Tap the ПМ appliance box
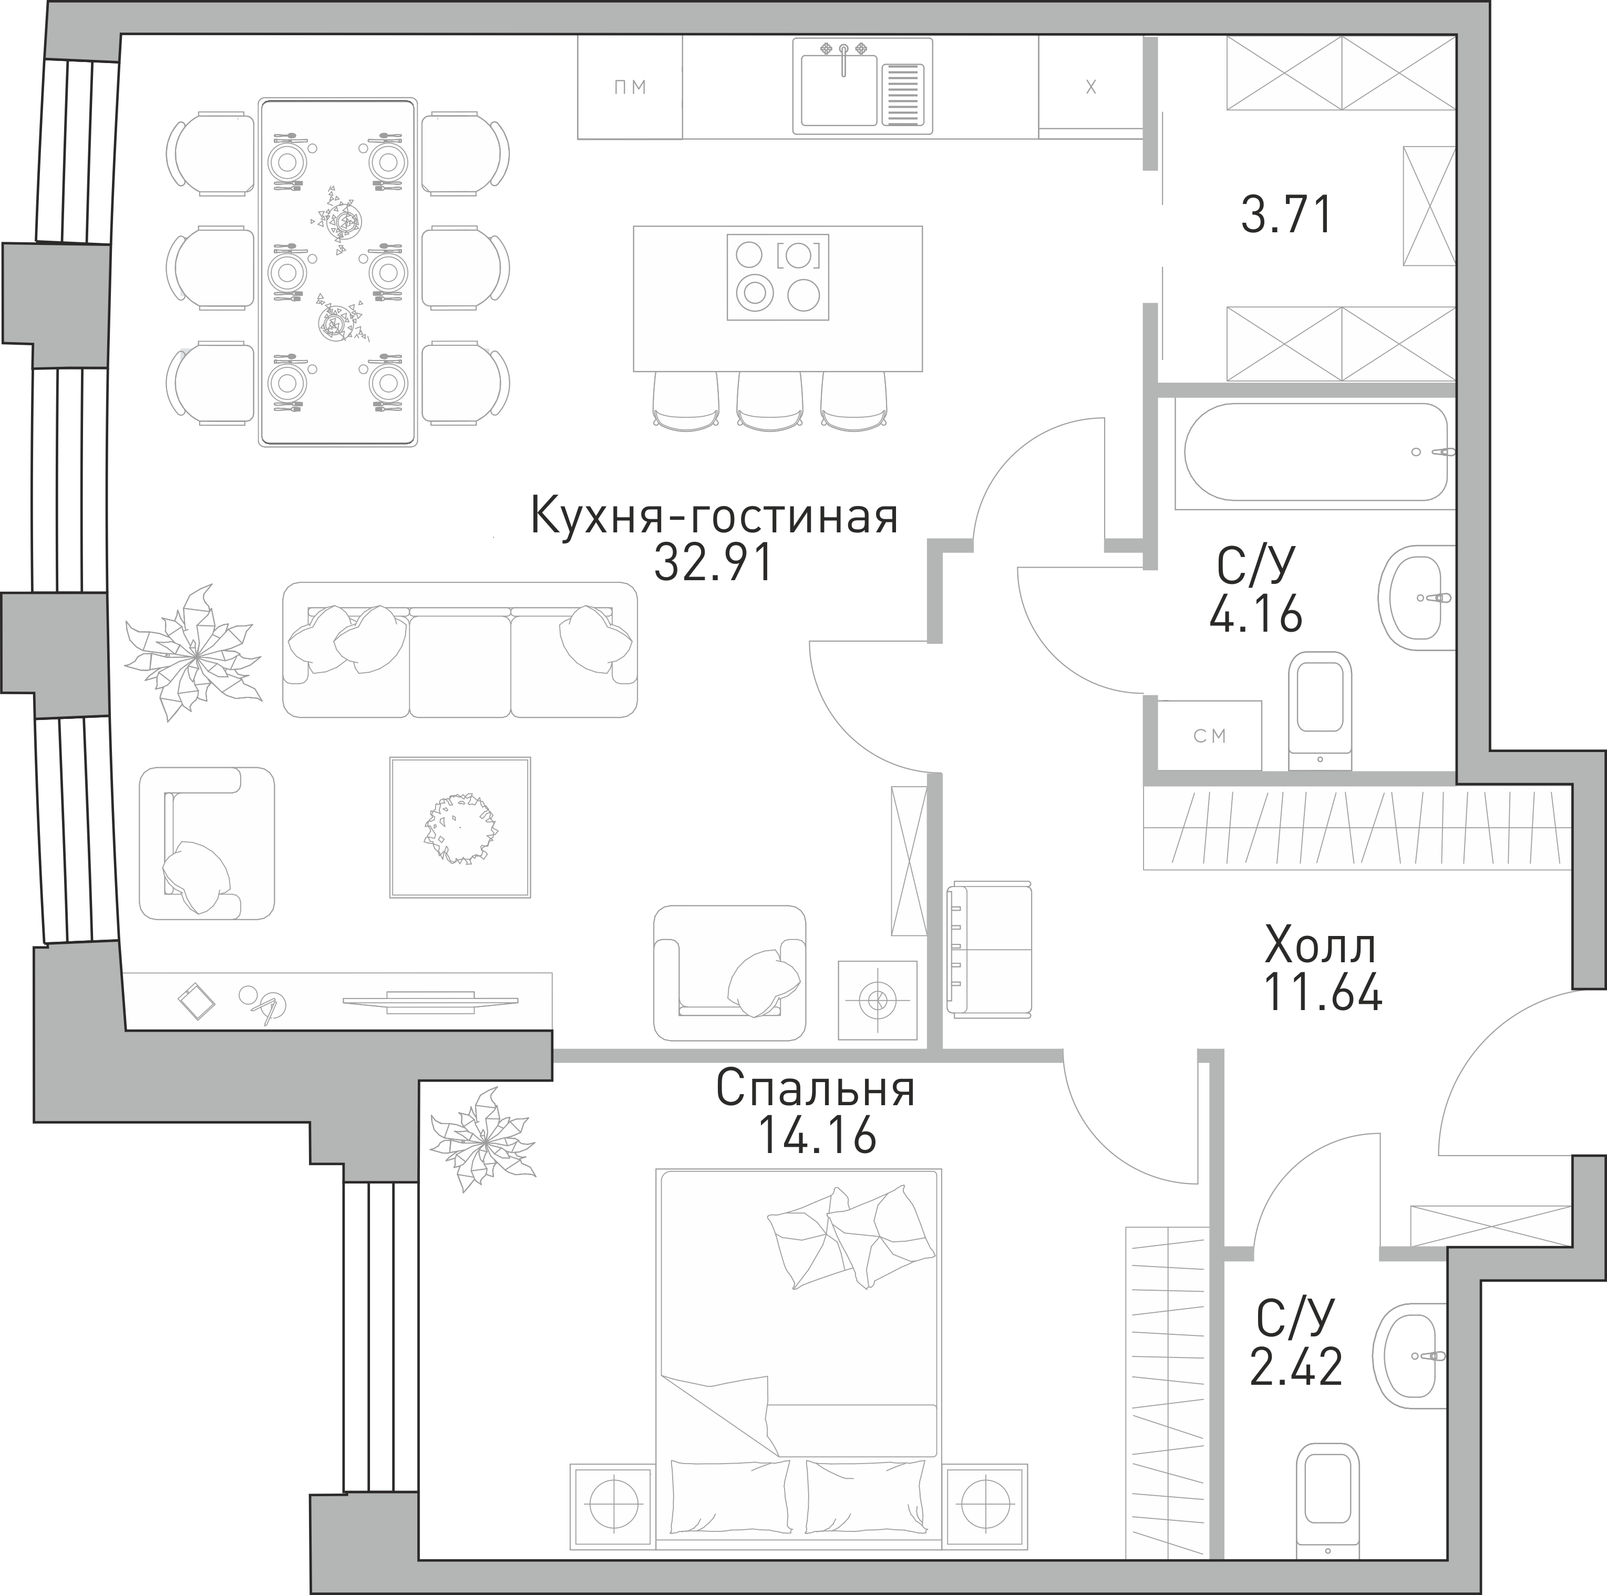[x=630, y=87]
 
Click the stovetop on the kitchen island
[x=778, y=277]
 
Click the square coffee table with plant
[x=460, y=827]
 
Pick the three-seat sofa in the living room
[x=460, y=649]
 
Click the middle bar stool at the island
[x=769, y=401]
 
